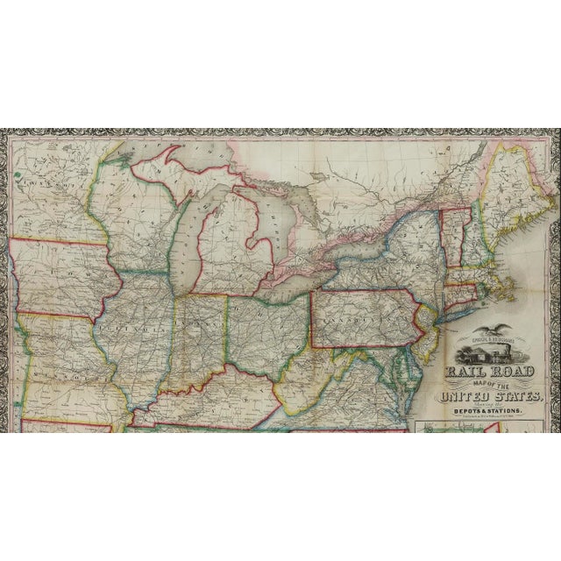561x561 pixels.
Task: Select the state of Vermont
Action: pyautogui.click(x=452, y=228)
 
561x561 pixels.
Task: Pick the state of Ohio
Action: pyautogui.click(x=263, y=329)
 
